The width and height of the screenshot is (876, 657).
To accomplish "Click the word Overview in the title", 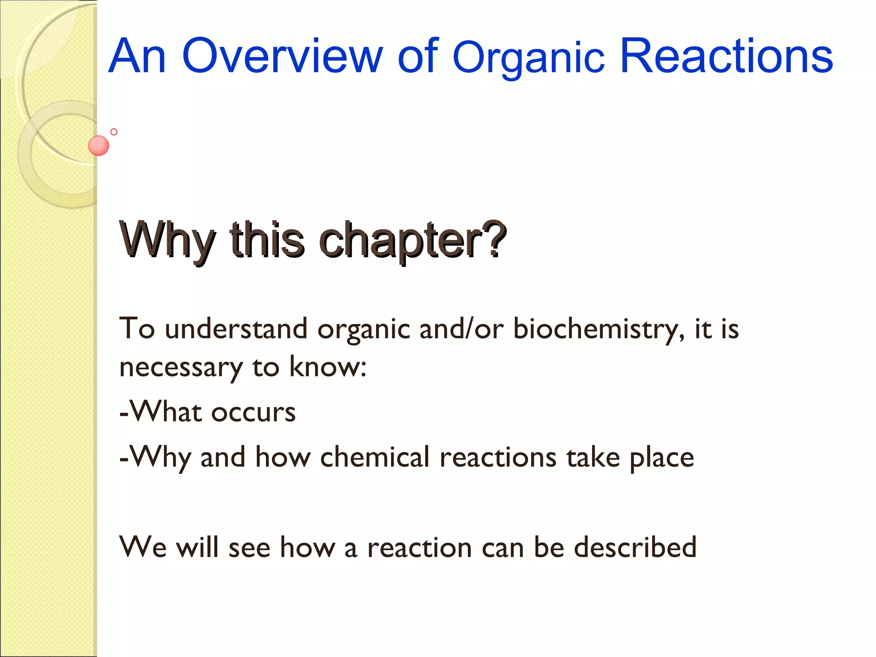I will click(x=282, y=56).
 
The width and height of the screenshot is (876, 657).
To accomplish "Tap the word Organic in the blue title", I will click(x=529, y=59).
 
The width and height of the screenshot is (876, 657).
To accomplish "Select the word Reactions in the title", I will click(x=726, y=56).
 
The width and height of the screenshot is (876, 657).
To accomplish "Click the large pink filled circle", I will click(x=98, y=145).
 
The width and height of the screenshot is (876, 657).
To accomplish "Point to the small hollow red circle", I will click(x=114, y=132).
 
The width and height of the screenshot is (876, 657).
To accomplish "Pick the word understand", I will click(x=236, y=328).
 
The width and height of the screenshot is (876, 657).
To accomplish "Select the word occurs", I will click(x=253, y=412).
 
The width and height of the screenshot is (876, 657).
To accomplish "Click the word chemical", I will click(x=375, y=457).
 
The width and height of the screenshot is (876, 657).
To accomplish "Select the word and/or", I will click(x=462, y=328).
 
